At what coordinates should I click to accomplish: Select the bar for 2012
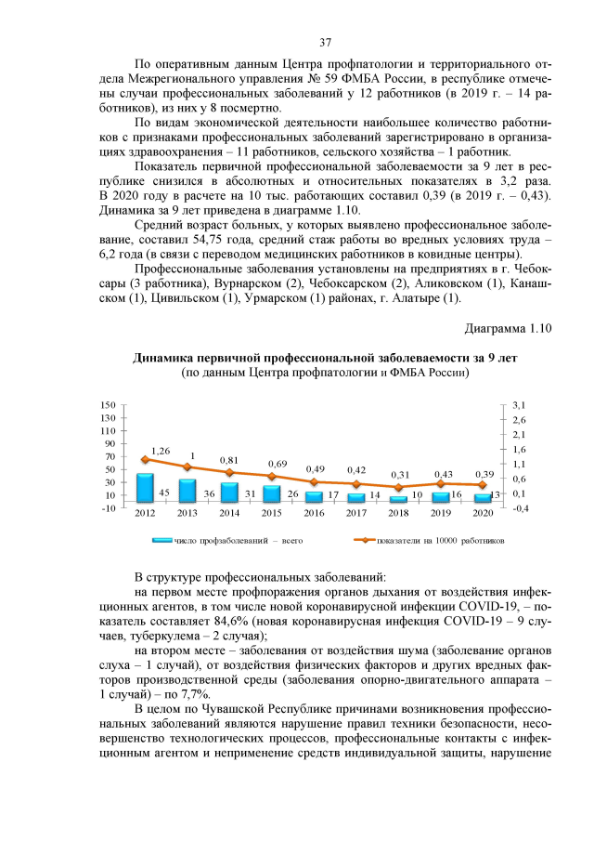coord(144,488)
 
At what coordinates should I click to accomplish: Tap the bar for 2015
coord(269,493)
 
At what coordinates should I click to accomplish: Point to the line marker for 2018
coord(397,487)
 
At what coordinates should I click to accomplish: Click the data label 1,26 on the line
coord(161,450)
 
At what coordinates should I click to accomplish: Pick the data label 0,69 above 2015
coord(278,464)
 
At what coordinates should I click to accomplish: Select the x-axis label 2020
coord(483,512)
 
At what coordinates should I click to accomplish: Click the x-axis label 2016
coord(314,512)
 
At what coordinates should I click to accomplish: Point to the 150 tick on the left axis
coord(108,405)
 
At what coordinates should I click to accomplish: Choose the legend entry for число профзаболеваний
coord(227,538)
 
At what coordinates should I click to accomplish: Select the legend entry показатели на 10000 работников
coord(432,538)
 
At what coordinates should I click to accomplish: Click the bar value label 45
coord(163,493)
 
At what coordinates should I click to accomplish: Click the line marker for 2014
coord(228,472)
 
